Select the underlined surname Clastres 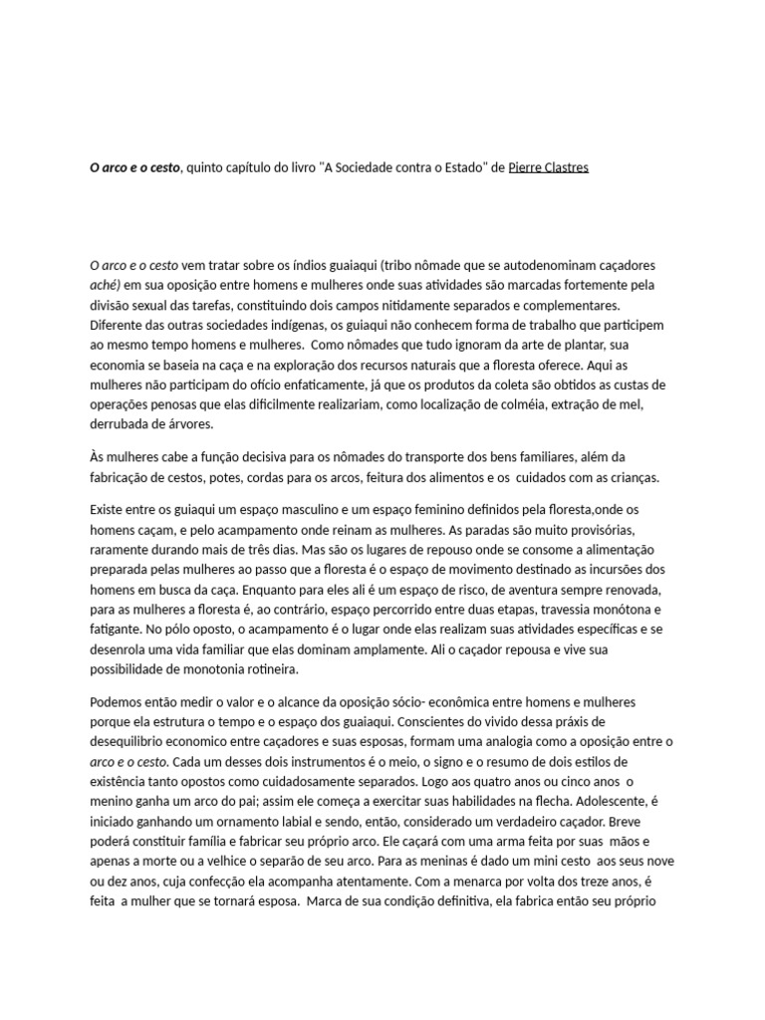566,167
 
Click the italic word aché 104,285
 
